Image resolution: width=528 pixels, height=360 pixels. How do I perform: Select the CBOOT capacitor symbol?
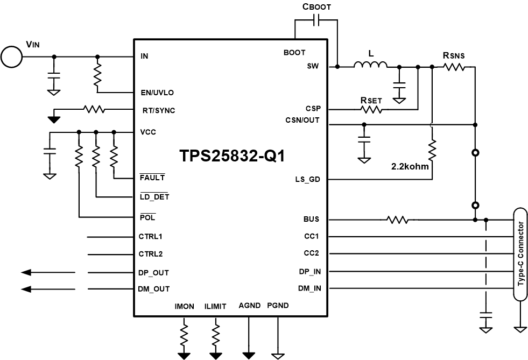tap(316, 20)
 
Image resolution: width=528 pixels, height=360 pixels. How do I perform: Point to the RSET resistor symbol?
tap(371, 109)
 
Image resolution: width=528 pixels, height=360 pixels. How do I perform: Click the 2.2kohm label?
tap(410, 166)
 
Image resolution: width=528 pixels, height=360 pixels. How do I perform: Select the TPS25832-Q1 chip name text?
tap(231, 157)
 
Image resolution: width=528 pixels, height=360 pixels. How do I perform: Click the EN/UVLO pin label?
tap(157, 93)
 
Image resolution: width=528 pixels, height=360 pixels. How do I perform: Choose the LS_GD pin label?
tap(308, 180)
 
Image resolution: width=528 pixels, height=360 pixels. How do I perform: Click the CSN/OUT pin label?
tap(302, 120)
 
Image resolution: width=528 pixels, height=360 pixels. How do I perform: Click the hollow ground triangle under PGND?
tap(278, 355)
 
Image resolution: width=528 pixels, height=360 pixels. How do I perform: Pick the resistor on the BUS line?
tap(397, 220)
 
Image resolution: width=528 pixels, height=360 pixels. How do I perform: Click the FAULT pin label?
tap(152, 177)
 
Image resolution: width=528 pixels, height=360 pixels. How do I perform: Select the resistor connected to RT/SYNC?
tap(94, 109)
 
